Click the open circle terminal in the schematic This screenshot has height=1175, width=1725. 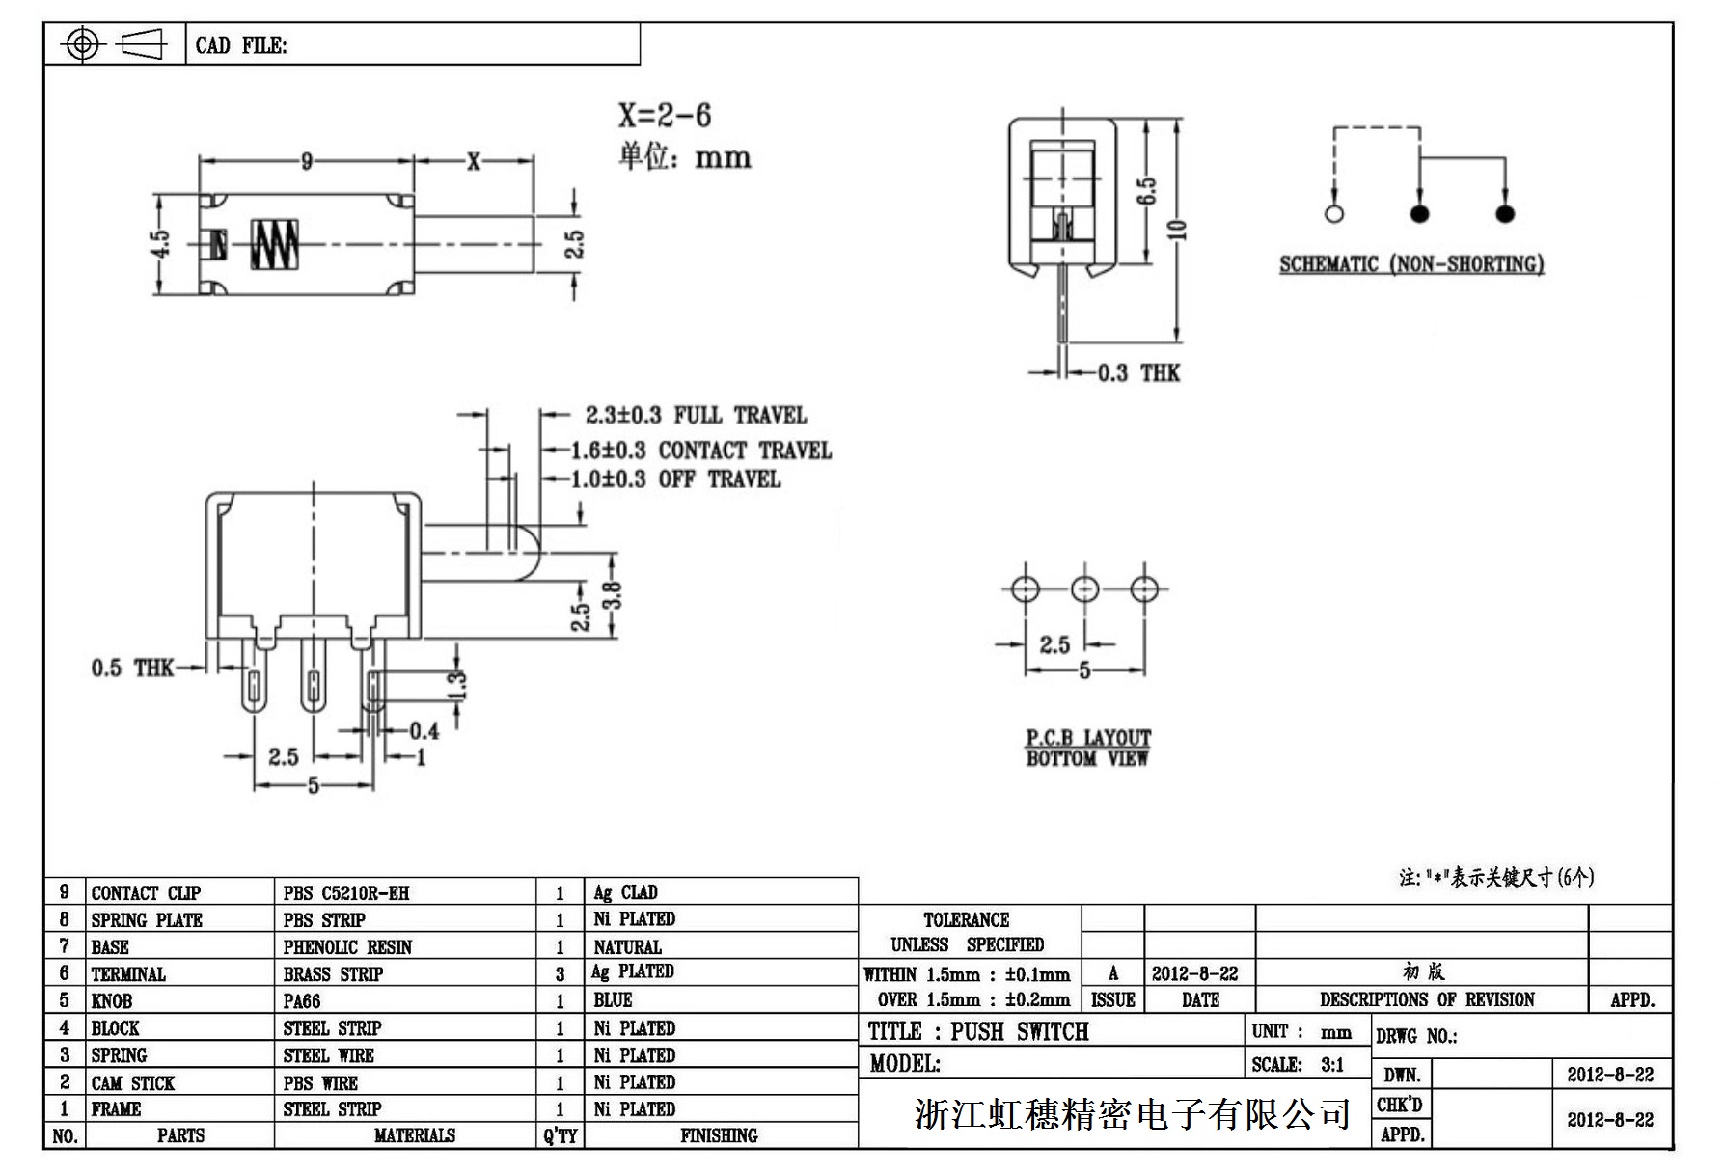(1334, 213)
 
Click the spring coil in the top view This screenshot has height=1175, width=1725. (275, 243)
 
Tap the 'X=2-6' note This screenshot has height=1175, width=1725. (665, 116)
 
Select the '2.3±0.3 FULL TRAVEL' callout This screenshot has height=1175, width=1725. (696, 416)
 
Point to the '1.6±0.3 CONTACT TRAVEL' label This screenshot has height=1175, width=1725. (700, 451)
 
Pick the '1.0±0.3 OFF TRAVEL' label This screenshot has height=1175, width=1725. (675, 479)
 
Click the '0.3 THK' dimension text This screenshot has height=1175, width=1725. (1138, 373)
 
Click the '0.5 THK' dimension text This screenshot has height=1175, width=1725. (132, 668)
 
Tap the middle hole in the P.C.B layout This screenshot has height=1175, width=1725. (1085, 588)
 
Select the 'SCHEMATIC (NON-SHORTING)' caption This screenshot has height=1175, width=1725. (1411, 264)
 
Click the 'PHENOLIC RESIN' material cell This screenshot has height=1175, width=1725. (347, 947)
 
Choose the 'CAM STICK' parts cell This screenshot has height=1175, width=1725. (133, 1083)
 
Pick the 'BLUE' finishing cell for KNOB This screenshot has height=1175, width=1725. (613, 1000)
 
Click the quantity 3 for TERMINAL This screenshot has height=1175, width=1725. (560, 974)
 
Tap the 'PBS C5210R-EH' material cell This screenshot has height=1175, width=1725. (346, 893)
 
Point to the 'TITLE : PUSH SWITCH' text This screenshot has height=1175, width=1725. (978, 1031)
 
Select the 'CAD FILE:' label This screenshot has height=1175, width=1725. (241, 45)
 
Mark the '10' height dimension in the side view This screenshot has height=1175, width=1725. (1177, 230)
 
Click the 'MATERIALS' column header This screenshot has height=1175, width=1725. (414, 1135)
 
